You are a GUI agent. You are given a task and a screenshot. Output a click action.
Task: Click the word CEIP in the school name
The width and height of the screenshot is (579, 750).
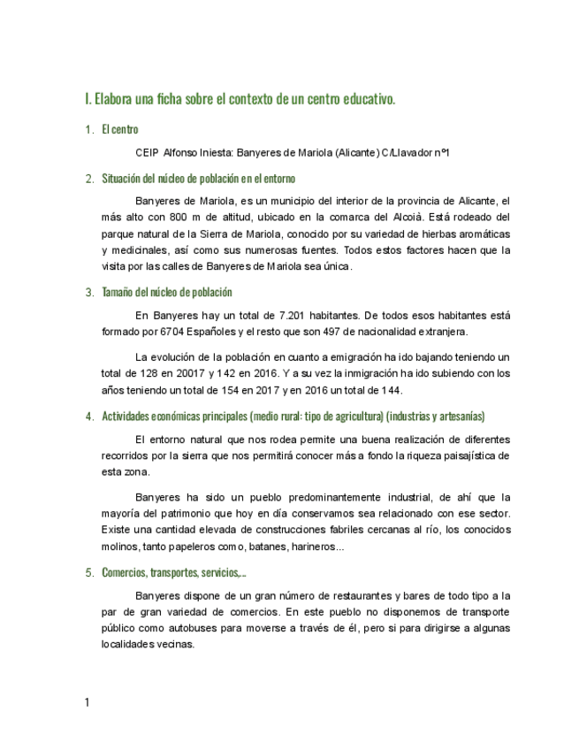tap(148, 153)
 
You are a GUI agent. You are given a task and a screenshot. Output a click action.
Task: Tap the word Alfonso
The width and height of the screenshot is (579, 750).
tap(182, 153)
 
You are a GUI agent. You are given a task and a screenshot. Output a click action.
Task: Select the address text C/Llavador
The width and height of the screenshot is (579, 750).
tap(408, 153)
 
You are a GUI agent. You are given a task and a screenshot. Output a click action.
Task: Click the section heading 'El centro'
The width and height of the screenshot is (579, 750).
tap(120, 129)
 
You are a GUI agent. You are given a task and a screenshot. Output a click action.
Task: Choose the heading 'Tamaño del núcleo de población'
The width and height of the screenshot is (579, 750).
tap(167, 293)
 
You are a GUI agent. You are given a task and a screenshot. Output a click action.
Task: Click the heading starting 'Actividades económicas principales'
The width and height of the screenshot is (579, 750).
tap(293, 417)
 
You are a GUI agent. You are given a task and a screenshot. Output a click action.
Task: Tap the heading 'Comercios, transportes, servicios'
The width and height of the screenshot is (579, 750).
tap(173, 572)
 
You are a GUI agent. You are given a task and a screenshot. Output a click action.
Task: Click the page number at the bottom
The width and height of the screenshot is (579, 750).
tap(87, 703)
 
